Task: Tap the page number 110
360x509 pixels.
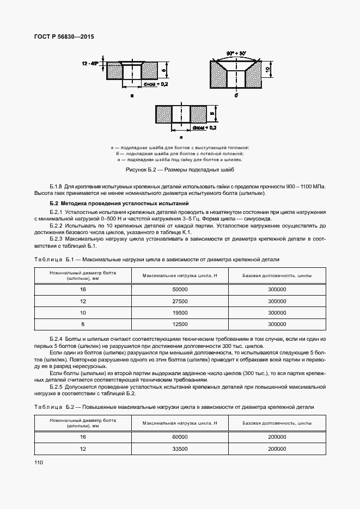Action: coord(38,462)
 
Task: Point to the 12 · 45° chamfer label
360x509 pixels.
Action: coord(90,64)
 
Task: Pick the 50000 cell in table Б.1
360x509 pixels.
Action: coord(180,290)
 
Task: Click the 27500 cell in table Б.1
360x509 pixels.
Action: coord(180,301)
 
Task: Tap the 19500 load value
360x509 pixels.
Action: coord(180,312)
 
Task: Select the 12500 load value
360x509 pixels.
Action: coord(180,324)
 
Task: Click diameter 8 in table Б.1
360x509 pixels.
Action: coord(83,324)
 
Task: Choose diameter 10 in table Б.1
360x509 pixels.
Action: coord(83,312)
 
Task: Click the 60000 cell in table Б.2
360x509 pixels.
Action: coord(180,437)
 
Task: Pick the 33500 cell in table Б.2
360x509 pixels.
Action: coord(180,449)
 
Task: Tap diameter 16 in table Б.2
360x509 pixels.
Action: coord(83,437)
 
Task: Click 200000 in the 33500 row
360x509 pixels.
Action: coord(277,449)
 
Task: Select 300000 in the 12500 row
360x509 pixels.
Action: coord(277,324)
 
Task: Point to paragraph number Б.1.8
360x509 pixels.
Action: coord(57,186)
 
